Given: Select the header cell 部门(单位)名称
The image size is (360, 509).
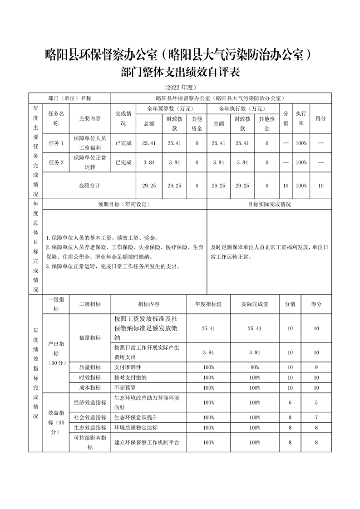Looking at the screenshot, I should (x=70, y=98).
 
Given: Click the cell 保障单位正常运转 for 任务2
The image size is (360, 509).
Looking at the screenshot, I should (x=90, y=162).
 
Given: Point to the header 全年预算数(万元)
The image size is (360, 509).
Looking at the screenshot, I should (x=171, y=109).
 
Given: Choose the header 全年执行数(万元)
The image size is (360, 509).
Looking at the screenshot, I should (x=242, y=109).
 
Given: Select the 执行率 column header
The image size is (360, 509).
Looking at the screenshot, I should (x=301, y=118).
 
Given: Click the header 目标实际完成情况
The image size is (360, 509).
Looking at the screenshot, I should (x=269, y=205).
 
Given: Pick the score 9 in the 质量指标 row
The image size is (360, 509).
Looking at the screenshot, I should (x=316, y=367).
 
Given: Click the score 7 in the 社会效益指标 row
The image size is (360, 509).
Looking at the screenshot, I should (x=316, y=417).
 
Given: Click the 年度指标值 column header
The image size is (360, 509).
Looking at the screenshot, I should (x=208, y=304).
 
